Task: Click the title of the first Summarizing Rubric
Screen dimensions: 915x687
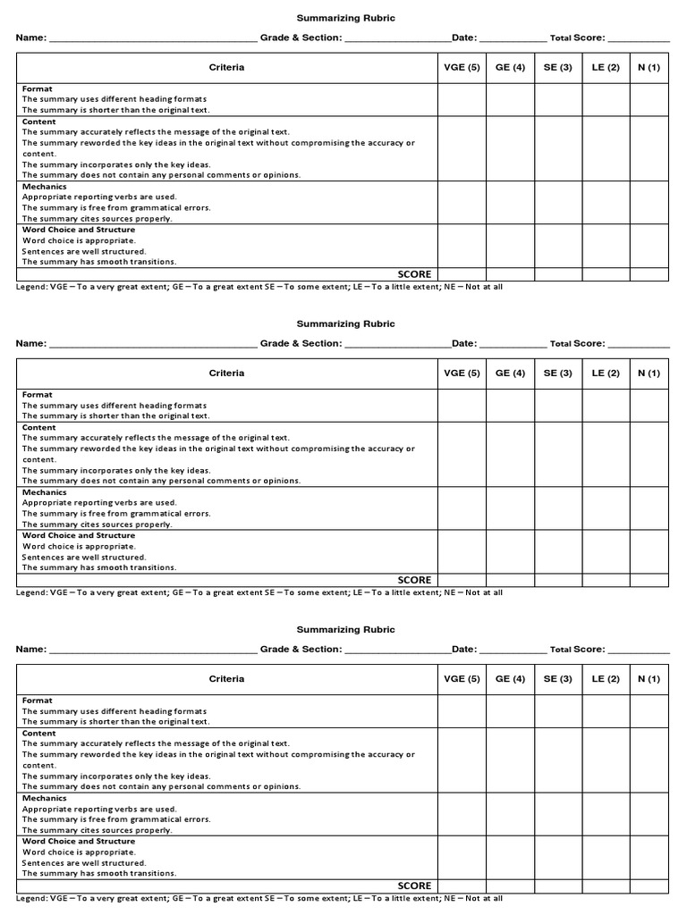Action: point(345,18)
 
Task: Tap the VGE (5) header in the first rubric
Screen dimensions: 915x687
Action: point(462,67)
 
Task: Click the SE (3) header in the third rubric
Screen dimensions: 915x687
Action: point(557,679)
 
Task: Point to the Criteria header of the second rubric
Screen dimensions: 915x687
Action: point(226,373)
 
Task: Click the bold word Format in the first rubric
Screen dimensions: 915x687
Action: point(38,88)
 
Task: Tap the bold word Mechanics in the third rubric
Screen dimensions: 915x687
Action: point(45,798)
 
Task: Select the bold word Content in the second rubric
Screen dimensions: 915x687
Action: point(39,427)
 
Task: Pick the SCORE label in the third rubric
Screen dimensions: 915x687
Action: point(414,886)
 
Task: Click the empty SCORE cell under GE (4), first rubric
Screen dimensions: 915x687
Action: point(510,274)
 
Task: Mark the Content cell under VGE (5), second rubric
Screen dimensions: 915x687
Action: point(462,454)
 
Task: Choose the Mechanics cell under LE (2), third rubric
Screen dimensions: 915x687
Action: point(606,814)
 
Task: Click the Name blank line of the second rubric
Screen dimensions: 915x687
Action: point(152,344)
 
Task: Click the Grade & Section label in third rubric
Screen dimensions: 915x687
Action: point(301,650)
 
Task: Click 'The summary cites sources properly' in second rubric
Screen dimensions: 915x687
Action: point(98,525)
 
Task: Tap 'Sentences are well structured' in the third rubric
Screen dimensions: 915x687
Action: point(84,862)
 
